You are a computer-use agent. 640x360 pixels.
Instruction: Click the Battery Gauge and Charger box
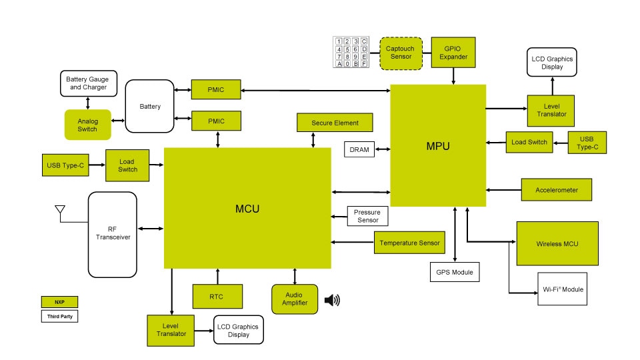pos(88,83)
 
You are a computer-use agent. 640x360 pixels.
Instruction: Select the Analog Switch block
pos(87,125)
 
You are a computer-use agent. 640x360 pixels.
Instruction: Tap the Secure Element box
pos(335,123)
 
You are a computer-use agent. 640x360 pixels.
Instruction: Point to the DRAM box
pos(359,150)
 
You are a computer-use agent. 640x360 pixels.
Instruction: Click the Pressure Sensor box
pos(367,216)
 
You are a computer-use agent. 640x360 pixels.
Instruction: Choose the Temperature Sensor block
pos(410,243)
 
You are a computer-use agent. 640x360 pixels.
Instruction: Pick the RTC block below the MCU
pos(217,296)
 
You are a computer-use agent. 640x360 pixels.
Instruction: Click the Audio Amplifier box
pos(295,299)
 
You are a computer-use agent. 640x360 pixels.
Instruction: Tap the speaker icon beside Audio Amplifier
pos(332,301)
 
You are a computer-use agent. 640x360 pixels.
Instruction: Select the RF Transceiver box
pos(113,235)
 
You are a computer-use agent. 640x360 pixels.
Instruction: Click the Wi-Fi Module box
pos(562,289)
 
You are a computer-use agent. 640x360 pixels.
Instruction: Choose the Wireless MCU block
pos(557,243)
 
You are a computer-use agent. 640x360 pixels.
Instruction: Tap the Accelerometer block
pos(557,190)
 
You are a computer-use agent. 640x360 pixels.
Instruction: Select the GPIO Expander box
pos(453,53)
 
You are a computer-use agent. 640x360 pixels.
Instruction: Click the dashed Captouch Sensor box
pos(400,53)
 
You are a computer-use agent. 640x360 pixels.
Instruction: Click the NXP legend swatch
pos(59,302)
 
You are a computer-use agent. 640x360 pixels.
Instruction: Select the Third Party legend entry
pos(59,317)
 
